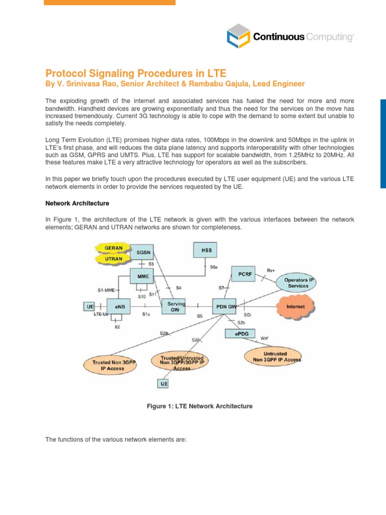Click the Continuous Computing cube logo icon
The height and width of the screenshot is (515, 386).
237,37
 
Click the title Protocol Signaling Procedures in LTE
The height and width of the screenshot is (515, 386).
133,73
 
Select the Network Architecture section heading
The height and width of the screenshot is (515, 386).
77,203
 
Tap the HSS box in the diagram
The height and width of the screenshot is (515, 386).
205,249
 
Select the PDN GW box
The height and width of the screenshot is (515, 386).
224,306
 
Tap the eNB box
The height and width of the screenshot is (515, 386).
116,306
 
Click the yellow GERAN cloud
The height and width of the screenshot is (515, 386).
114,247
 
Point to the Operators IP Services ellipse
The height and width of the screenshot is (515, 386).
296,283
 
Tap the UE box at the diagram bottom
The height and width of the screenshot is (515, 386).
164,384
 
